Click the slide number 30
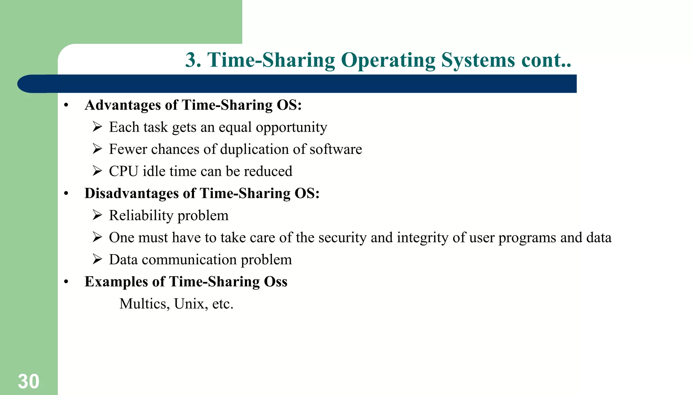[28, 381]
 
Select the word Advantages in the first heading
[123, 105]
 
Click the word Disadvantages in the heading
[131, 193]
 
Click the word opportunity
[291, 127]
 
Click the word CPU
[123, 172]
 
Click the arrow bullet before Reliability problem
[97, 215]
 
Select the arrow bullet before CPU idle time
[97, 171]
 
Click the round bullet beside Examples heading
[66, 282]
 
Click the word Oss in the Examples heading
[275, 282]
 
